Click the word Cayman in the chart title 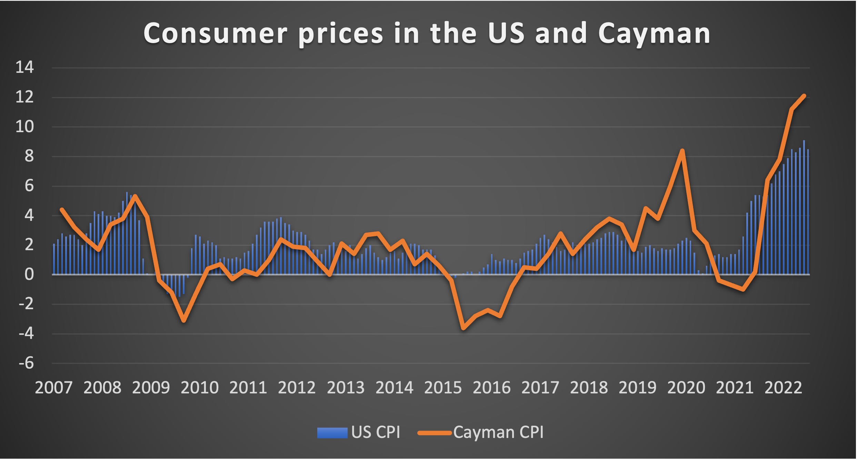click(654, 34)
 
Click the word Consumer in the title click(215, 34)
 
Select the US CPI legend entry click(359, 432)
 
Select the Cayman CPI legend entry click(481, 432)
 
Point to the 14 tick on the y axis click(25, 67)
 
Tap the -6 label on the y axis click(26, 363)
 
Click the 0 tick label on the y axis click(29, 274)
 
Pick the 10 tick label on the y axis click(25, 127)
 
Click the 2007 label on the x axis click(54, 388)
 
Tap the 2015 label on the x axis click(443, 388)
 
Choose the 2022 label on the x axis click(783, 388)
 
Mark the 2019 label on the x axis click(637, 388)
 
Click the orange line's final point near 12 click(804, 96)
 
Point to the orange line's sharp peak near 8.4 click(682, 150)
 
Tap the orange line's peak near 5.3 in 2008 click(135, 196)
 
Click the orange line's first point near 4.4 click(62, 209)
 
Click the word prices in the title click(340, 34)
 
